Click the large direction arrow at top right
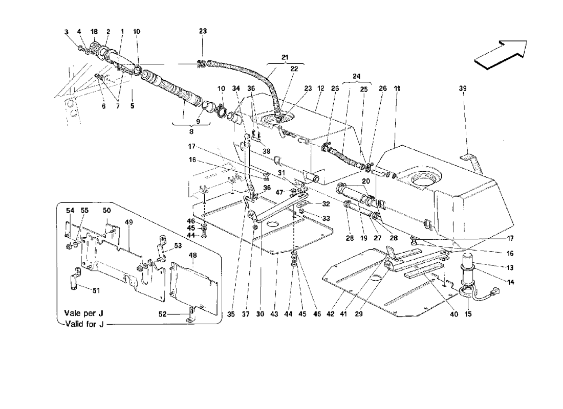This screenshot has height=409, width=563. pyautogui.click(x=501, y=54)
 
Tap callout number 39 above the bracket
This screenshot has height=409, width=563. pyautogui.click(x=463, y=88)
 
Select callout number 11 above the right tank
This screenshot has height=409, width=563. pyautogui.click(x=397, y=88)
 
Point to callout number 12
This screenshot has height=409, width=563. pyautogui.click(x=320, y=88)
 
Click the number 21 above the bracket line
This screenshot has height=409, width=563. pyautogui.click(x=285, y=57)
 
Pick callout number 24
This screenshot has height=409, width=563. pyautogui.click(x=356, y=76)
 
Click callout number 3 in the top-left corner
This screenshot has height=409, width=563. pyautogui.click(x=67, y=32)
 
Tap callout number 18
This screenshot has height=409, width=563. pyautogui.click(x=94, y=32)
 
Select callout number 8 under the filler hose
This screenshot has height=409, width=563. pyautogui.click(x=191, y=132)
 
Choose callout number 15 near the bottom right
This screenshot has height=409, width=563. pyautogui.click(x=468, y=314)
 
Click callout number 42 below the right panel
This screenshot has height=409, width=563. pyautogui.click(x=330, y=314)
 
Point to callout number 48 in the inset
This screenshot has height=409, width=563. pyautogui.click(x=193, y=256)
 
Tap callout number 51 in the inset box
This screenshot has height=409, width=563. pyautogui.click(x=96, y=290)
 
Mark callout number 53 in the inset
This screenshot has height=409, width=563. pyautogui.click(x=178, y=246)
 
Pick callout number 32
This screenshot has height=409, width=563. pyautogui.click(x=326, y=204)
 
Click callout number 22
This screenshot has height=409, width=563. pyautogui.click(x=294, y=69)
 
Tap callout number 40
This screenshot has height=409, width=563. pyautogui.click(x=454, y=314)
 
